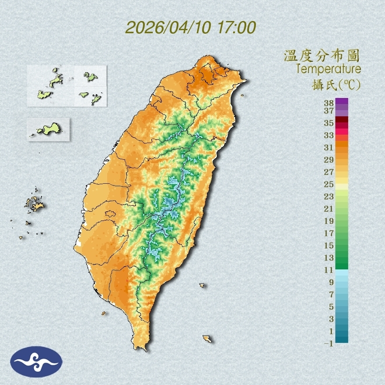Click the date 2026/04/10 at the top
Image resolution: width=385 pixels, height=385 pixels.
pos(168,28)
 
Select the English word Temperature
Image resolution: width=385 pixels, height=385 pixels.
pos(328,69)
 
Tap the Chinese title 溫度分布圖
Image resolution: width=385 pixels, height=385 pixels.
pos(322,56)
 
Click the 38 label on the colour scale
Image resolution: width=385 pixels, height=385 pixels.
pos(329,103)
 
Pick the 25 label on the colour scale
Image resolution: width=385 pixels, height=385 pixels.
pos(329,184)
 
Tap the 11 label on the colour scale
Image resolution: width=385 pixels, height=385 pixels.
pos(329,270)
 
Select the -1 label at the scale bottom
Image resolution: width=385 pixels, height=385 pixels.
pos(329,343)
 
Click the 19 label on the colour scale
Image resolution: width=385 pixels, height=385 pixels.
pos(329,220)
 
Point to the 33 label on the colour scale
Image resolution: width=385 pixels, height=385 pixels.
pos(329,135)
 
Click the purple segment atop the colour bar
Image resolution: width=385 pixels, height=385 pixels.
pos(342,101)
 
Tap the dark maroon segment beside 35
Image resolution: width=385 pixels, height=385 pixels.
pos(342,120)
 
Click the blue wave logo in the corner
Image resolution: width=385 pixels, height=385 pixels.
pos(37,362)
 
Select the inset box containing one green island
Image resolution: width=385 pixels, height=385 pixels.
pos(49,129)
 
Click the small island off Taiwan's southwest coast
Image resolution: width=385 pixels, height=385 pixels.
pos(104,313)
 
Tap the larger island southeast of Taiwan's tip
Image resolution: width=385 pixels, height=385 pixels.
pos(207,338)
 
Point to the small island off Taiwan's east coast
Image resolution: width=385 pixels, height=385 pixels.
pos(202,285)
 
